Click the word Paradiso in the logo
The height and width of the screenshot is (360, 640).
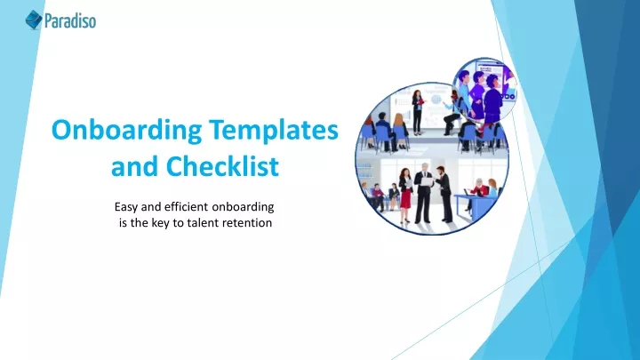70,20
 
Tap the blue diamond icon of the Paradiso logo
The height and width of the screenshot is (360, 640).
34,20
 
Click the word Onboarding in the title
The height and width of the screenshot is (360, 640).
126,131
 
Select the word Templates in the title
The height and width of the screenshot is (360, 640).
274,131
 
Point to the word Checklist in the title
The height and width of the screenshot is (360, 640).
222,166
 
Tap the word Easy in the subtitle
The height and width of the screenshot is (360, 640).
125,207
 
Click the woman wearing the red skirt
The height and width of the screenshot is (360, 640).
405,196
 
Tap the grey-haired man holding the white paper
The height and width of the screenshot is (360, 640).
424,194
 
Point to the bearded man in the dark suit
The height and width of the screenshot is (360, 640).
444,195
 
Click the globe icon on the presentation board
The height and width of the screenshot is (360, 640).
436,100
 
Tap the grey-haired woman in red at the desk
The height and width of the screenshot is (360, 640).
478,188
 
